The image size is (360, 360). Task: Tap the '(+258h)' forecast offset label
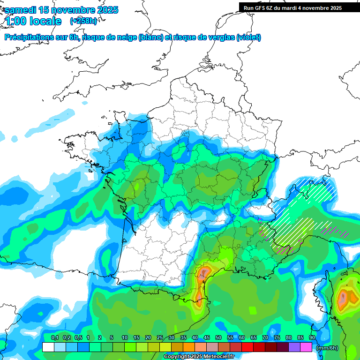83,21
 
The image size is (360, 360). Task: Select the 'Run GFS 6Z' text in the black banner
260,8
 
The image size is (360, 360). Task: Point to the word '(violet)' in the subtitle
249,37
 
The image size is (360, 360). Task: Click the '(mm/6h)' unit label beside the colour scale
327,348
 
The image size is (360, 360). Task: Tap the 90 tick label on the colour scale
312,337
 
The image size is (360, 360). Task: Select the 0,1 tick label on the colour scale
54,337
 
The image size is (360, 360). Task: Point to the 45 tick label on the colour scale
207,337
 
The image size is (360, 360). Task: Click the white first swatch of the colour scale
48,347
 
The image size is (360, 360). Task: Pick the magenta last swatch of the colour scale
306,347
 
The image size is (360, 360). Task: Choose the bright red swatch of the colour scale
247,347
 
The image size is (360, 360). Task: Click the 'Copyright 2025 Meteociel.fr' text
199,357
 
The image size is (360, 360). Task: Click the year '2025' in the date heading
106,10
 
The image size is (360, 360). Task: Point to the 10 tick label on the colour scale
125,337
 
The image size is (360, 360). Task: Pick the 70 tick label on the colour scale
265,337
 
